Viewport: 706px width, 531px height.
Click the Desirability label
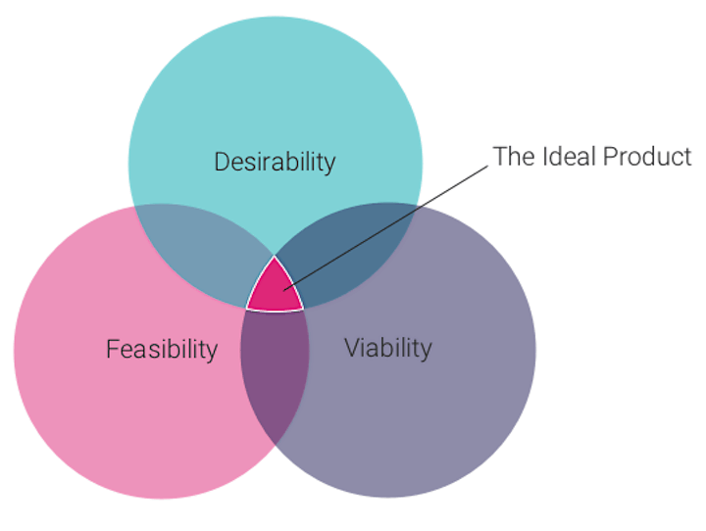click(x=275, y=162)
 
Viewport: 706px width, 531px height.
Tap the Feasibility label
click(x=162, y=350)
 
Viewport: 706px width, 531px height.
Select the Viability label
click(x=388, y=349)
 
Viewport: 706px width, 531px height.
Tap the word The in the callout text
click(x=510, y=156)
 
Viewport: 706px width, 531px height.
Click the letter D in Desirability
click(x=222, y=162)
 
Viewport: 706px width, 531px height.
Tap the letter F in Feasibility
click(x=112, y=350)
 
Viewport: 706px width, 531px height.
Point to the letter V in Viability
click(x=351, y=349)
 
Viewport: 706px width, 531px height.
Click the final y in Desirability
click(x=329, y=165)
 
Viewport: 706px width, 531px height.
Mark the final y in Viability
click(x=426, y=352)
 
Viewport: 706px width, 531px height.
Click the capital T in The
click(x=497, y=156)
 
